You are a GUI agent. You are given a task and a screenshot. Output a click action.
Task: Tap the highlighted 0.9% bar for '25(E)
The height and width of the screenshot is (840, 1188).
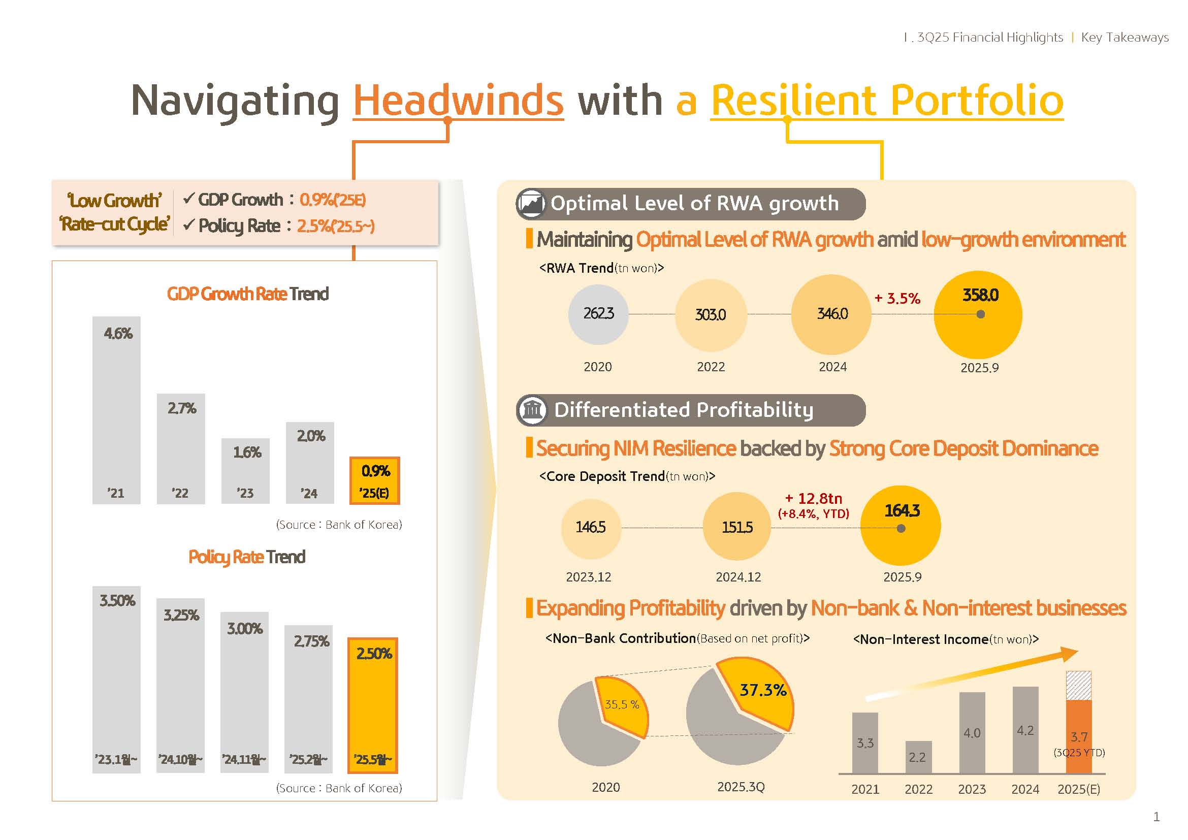point(375,480)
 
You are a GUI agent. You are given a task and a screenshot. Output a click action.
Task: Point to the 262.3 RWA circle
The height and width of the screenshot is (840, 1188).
point(598,314)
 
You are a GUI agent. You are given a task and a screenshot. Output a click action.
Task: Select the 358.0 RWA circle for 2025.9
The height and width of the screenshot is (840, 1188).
point(978,314)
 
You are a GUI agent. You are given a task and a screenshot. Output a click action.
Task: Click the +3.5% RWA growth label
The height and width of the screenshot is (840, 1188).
point(897,299)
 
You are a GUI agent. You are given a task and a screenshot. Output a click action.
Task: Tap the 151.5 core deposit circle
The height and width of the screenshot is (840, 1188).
point(737,527)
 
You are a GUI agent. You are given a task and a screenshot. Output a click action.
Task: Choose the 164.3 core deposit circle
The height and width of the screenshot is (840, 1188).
point(901,526)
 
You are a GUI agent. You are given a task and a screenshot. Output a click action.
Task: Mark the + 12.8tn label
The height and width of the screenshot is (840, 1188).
point(813,499)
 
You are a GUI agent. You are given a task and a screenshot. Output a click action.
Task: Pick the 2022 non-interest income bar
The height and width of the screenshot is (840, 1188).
point(918,757)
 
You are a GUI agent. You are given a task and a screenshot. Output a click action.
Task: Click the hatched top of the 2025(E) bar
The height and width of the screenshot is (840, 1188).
point(1079,685)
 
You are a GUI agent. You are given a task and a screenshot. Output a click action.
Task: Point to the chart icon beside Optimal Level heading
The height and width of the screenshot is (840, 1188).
point(531,204)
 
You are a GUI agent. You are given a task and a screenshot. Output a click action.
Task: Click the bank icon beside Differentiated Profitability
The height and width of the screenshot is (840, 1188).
point(532,410)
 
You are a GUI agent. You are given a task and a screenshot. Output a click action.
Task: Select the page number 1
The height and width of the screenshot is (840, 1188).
point(1157,817)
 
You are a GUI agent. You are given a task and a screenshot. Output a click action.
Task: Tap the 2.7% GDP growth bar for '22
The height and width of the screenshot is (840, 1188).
point(181,448)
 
